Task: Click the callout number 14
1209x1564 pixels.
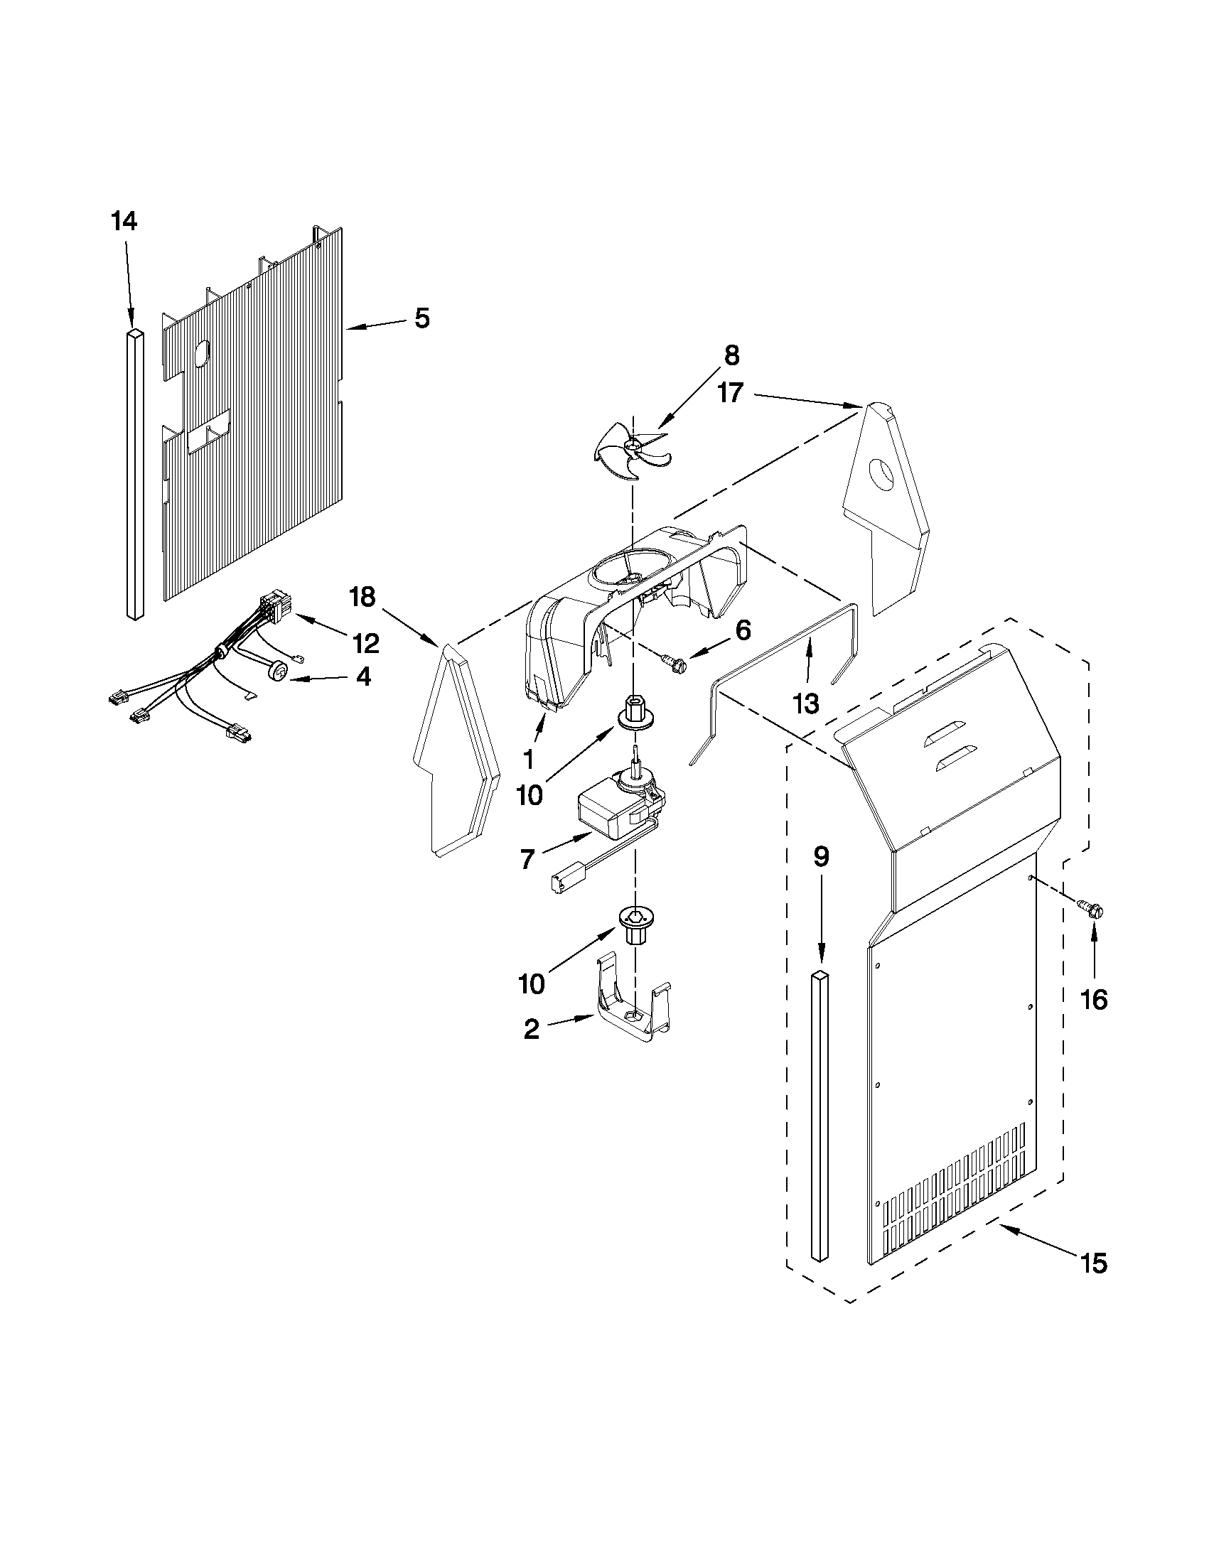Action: pos(123,221)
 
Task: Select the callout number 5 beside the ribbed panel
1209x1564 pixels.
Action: pos(422,318)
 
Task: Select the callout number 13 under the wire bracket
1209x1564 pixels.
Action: pos(806,703)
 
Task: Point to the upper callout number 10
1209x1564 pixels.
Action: pos(530,795)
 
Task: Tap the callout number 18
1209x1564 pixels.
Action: pos(363,595)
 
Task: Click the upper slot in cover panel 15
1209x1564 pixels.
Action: pos(950,734)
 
